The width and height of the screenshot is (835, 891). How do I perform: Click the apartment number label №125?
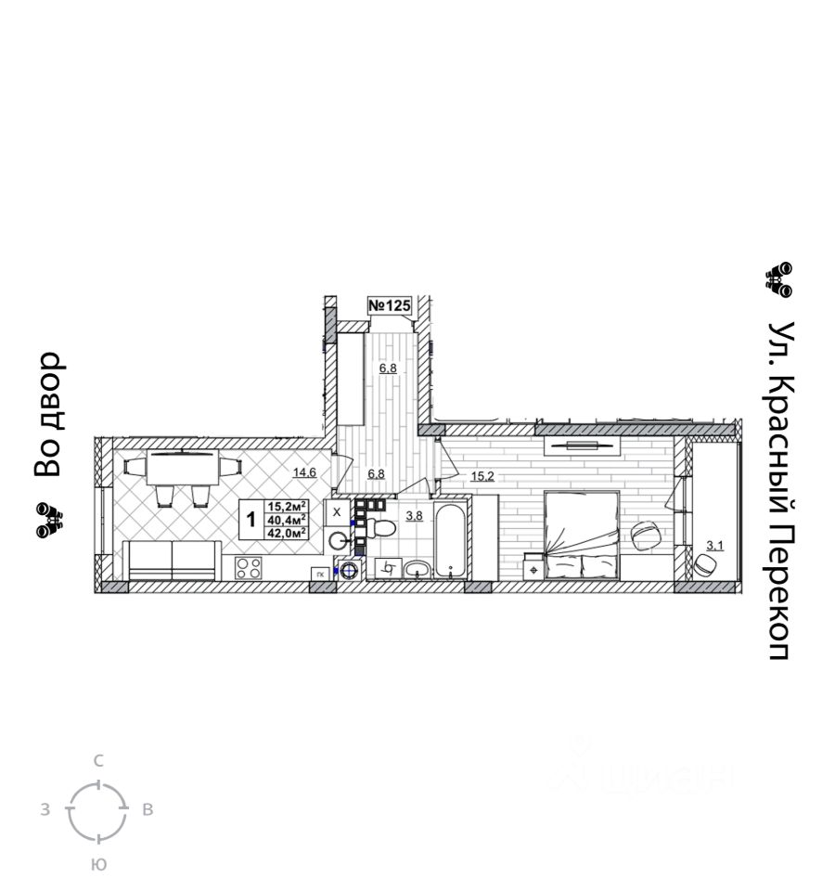click(x=390, y=305)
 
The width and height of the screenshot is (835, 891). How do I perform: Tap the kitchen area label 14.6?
click(x=305, y=472)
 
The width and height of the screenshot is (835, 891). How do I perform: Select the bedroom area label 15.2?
click(x=482, y=477)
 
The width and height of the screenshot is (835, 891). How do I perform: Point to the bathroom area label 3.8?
click(x=415, y=516)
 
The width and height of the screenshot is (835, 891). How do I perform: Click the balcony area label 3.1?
click(x=714, y=545)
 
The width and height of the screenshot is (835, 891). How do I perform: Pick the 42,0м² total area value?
click(x=287, y=533)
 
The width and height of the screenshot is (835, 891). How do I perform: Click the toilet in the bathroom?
click(x=379, y=528)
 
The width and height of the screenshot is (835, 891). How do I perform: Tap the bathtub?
click(x=451, y=543)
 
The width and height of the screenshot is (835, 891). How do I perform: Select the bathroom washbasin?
click(x=417, y=568)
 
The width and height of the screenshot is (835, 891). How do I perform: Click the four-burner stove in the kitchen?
click(x=248, y=568)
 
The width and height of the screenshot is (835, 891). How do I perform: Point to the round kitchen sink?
click(x=338, y=542)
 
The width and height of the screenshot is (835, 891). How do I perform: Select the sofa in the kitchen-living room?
click(x=173, y=561)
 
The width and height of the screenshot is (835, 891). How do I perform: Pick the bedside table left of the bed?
click(x=533, y=566)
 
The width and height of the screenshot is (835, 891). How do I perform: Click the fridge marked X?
click(x=337, y=511)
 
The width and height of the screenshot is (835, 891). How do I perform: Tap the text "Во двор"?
click(x=47, y=414)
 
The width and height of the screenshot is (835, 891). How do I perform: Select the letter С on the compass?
click(x=98, y=761)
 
